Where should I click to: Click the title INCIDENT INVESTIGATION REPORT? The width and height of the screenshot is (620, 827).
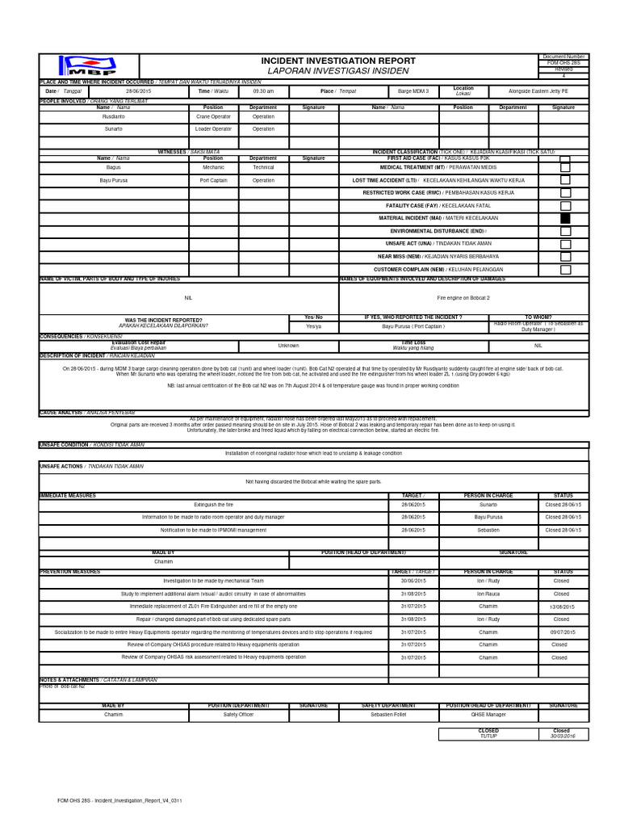pyautogui.click(x=338, y=61)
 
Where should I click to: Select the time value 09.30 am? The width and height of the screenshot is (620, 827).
pyautogui.click(x=263, y=91)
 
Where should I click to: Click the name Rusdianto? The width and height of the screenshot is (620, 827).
pyautogui.click(x=113, y=116)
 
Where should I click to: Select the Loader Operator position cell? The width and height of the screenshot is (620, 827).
pyautogui.click(x=213, y=128)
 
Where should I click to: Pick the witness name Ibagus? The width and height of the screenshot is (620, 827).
pyautogui.click(x=113, y=167)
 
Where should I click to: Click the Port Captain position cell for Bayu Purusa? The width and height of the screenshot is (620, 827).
pyautogui.click(x=213, y=180)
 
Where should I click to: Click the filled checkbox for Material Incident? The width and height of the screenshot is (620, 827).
pyautogui.click(x=565, y=218)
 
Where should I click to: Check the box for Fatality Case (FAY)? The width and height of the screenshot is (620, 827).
pyautogui.click(x=565, y=205)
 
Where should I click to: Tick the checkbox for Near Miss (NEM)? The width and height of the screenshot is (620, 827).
pyautogui.click(x=565, y=256)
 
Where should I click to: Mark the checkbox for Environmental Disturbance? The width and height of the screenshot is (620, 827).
pyautogui.click(x=565, y=231)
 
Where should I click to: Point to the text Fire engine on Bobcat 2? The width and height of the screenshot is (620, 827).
pyautogui.click(x=463, y=297)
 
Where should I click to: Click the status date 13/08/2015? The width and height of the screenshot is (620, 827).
pyautogui.click(x=562, y=606)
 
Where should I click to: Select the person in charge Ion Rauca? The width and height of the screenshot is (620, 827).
pyautogui.click(x=487, y=593)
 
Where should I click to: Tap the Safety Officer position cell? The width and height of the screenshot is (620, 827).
pyautogui.click(x=238, y=715)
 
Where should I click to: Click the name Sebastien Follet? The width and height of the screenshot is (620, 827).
pyautogui.click(x=388, y=715)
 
